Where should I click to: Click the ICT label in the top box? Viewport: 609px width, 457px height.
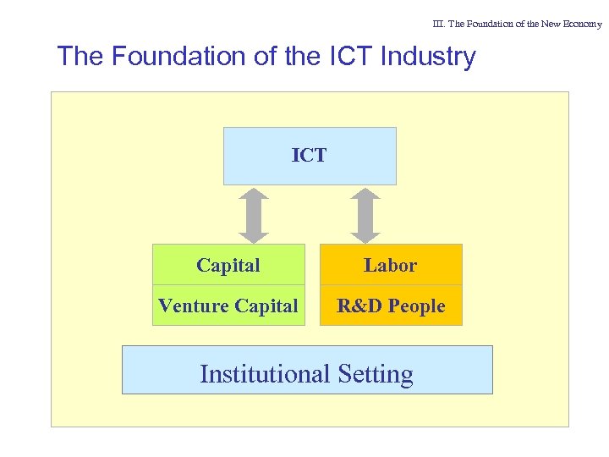(309, 156)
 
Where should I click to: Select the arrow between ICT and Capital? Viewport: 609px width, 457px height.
(252, 215)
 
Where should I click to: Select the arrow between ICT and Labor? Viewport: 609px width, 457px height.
(365, 215)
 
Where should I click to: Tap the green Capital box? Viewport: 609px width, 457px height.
(228, 265)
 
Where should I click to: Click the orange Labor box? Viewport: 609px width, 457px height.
(390, 265)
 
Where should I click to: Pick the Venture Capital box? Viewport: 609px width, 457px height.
(228, 306)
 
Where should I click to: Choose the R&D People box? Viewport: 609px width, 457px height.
(390, 306)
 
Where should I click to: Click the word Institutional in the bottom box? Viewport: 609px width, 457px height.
(265, 373)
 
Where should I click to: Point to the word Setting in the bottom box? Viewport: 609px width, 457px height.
(375, 373)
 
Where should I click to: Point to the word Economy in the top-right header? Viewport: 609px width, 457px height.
(582, 24)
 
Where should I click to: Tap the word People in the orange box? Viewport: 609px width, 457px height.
(416, 306)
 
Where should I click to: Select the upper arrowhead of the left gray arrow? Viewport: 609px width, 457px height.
(252, 195)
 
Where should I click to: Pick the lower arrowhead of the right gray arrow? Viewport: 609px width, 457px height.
(365, 235)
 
